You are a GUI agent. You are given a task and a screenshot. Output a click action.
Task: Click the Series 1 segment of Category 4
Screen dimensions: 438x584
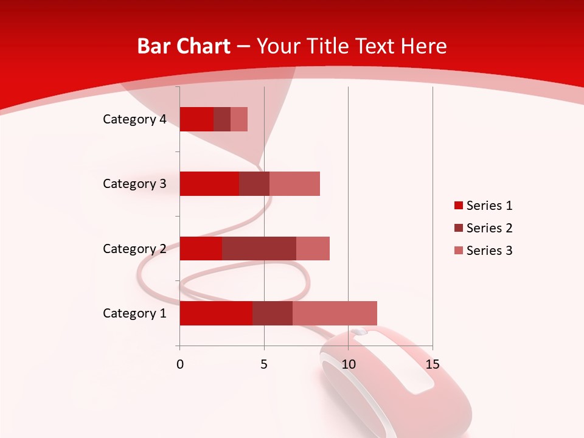click(196, 119)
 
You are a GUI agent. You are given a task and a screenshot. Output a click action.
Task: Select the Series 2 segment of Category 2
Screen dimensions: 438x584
click(259, 248)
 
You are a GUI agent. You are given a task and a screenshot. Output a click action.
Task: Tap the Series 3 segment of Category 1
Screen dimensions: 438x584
click(335, 313)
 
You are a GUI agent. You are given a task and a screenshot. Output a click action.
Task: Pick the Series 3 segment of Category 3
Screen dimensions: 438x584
click(294, 184)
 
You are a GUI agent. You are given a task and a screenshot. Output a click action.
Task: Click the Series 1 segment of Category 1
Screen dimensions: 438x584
click(216, 313)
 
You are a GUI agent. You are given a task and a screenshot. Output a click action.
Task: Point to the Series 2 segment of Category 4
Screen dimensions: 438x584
click(222, 119)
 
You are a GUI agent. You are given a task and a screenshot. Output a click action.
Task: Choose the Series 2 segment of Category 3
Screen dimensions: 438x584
click(254, 184)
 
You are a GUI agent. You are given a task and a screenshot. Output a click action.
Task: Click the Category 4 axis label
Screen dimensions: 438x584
click(134, 119)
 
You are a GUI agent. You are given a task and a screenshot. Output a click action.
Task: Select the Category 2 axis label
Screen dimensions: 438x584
click(134, 248)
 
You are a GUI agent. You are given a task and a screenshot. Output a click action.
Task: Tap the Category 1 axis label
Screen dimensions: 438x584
click(134, 313)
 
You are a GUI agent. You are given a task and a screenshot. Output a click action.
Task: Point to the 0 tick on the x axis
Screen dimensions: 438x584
click(180, 364)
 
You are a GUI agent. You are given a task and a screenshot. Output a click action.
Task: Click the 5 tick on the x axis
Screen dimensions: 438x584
click(264, 364)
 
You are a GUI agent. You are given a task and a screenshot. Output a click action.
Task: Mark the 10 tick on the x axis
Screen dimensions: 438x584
click(348, 364)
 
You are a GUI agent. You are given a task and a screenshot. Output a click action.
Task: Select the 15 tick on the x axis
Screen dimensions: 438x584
click(433, 364)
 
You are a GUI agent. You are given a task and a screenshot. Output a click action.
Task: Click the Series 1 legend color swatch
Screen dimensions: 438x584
click(458, 206)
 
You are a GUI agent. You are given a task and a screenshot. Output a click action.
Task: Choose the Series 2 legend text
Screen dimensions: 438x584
click(489, 228)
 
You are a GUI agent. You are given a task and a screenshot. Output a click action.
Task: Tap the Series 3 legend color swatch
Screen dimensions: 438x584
click(458, 251)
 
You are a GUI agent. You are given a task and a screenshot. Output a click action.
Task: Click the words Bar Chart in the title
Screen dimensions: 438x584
click(184, 46)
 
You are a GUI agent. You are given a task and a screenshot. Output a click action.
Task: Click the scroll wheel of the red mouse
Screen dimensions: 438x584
click(360, 332)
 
